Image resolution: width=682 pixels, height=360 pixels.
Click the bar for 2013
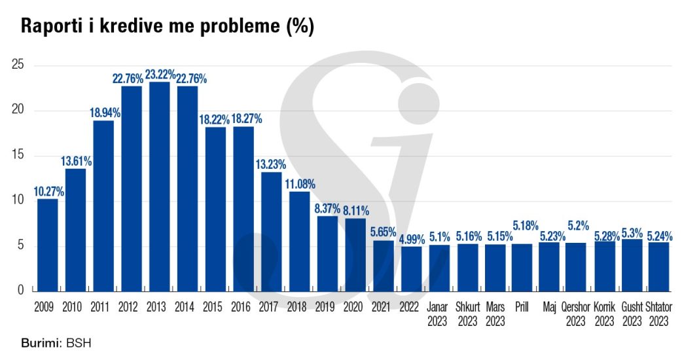coord(159,187)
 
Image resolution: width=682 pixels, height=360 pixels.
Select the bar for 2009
coord(47,245)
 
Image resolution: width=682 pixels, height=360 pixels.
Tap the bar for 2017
coord(271,232)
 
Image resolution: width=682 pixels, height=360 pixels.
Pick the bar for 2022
coord(411,268)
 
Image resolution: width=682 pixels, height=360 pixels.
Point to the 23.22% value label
coord(159,75)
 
